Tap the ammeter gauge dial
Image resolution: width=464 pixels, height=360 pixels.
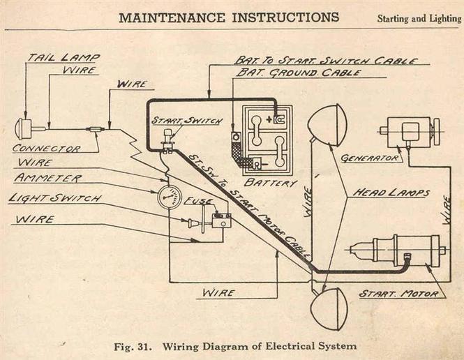click(169, 197)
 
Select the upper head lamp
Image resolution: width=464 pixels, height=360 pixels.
click(323, 125)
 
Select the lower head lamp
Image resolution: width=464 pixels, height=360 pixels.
click(328, 309)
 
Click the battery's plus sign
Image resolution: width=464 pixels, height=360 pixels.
click(269, 120)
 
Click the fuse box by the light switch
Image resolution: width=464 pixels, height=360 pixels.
click(221, 220)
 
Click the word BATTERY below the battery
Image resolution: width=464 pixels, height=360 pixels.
click(270, 183)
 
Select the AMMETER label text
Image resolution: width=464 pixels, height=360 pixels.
click(47, 178)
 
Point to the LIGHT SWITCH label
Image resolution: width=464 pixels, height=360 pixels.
click(55, 197)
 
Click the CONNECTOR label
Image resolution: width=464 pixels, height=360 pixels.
click(47, 148)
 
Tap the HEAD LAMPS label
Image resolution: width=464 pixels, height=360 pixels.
click(391, 193)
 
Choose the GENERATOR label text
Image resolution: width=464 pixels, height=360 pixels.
click(370, 158)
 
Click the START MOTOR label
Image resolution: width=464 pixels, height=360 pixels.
click(398, 294)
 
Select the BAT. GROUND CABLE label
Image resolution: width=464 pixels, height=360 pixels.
click(298, 73)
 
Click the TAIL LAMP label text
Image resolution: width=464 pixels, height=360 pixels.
click(63, 57)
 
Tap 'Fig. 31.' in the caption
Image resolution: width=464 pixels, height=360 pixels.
click(133, 346)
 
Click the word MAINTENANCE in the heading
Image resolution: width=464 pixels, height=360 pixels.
click(172, 17)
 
